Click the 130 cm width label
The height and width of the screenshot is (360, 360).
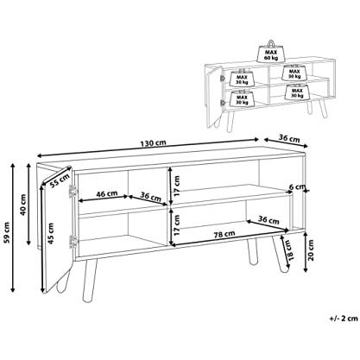coord(153,142)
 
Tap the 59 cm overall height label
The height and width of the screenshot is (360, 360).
coord(8,232)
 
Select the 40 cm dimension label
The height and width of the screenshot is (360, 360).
coord(23,205)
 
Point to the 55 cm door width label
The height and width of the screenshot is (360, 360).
coord(60,181)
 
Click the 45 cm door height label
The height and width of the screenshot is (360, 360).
coord(51,233)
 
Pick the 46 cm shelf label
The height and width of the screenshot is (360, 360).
coord(107,193)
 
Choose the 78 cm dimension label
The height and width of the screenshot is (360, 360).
coord(224,234)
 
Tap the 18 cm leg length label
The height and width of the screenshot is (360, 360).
coord(289,250)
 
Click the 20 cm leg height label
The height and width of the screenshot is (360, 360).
coord(311,249)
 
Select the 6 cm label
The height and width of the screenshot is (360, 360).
coord(296,187)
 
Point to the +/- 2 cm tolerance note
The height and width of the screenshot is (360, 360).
coord(344,319)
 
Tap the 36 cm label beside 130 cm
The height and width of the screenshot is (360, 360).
coord(289,139)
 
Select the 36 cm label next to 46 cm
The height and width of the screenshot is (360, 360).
coord(150,197)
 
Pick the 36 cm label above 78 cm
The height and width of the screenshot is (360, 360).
coord(268,220)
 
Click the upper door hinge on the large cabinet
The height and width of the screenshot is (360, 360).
coord(72,191)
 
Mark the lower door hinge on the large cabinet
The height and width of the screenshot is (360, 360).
coord(73,241)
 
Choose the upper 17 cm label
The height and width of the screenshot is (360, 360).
coord(177,186)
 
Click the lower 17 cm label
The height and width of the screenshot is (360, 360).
coord(177,225)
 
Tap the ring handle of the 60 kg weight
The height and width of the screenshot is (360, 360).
coord(271,43)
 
